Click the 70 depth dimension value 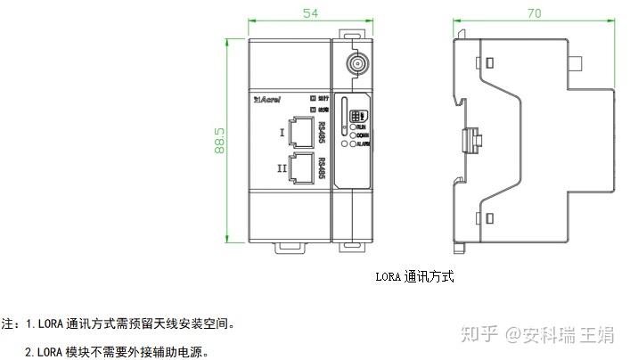coord(534,12)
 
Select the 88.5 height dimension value coord(219,141)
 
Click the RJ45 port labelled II coord(301,167)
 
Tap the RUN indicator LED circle coord(353,127)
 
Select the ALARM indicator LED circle coord(353,143)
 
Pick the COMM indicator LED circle coord(353,135)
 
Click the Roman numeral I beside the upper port coord(282,134)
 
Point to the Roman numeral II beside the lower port coord(282,167)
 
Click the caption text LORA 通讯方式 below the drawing coord(414,277)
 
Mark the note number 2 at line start coord(29,352)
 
